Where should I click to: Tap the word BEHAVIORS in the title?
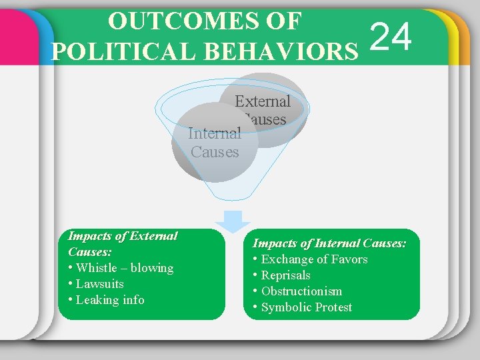click(288, 51)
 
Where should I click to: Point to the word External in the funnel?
click(263, 102)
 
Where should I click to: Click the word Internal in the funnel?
click(215, 133)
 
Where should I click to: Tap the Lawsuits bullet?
click(100, 284)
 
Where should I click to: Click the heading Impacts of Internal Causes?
click(329, 244)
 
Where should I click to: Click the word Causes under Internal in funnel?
click(215, 152)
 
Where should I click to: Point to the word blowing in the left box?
click(152, 268)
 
